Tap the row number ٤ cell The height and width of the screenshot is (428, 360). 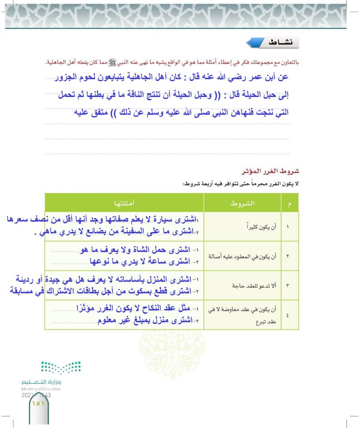click(288, 314)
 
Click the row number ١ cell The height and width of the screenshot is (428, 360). click(288, 227)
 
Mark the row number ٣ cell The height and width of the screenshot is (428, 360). click(288, 285)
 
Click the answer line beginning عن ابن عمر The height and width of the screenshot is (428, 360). click(171, 77)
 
